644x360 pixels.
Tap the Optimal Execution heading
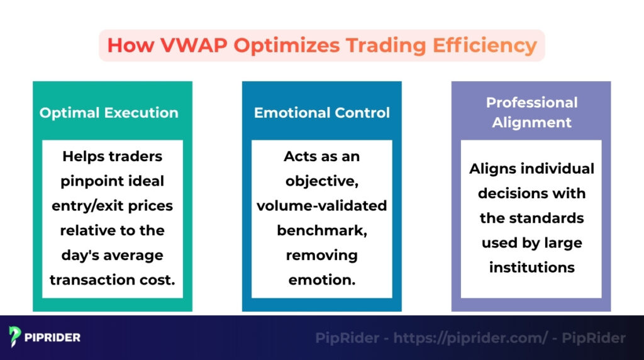pos(109,113)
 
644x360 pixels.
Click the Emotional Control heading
pos(322,113)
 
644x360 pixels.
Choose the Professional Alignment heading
pos(531,112)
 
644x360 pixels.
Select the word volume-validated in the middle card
pos(322,206)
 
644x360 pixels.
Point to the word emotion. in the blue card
pos(322,280)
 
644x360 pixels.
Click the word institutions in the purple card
pos(531,267)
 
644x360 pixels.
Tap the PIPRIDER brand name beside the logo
pos(53,337)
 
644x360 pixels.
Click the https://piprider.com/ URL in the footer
pos(470,338)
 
